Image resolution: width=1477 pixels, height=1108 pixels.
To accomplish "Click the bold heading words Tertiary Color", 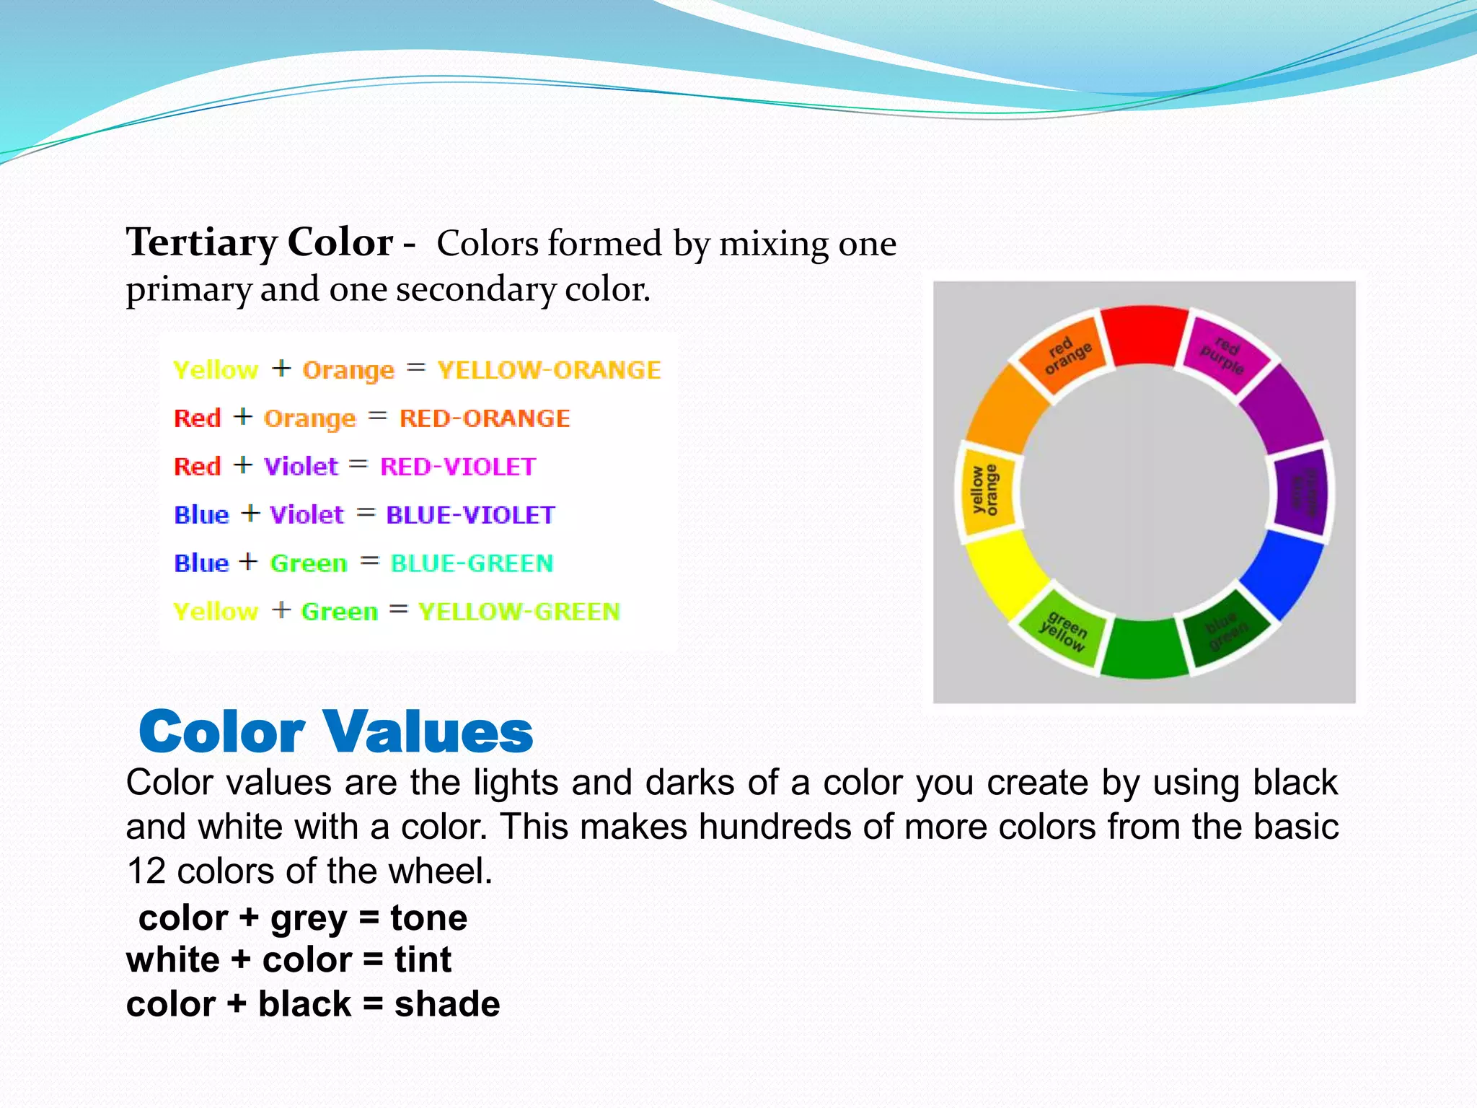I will pyautogui.click(x=260, y=242).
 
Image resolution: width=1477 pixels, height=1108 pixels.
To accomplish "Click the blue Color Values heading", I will pyautogui.click(x=336, y=731).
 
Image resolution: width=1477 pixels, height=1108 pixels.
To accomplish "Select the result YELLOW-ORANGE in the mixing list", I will pyautogui.click(x=549, y=370).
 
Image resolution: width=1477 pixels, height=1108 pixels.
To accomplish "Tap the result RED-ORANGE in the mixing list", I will pyautogui.click(x=485, y=418).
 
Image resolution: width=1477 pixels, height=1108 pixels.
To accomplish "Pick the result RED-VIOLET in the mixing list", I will pyautogui.click(x=458, y=467).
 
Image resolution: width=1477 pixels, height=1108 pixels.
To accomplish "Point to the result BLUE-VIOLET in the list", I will pyautogui.click(x=470, y=515).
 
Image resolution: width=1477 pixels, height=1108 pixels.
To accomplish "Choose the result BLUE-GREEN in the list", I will pyautogui.click(x=472, y=563).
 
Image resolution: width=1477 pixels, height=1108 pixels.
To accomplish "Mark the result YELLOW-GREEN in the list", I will pyautogui.click(x=519, y=612).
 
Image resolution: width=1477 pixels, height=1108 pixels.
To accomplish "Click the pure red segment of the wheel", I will pyautogui.click(x=1145, y=336).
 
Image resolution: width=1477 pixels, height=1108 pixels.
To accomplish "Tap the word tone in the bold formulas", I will pyautogui.click(x=428, y=918).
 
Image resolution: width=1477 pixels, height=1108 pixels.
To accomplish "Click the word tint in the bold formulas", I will pyautogui.click(x=423, y=960).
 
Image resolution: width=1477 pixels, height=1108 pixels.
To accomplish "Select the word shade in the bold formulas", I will pyautogui.click(x=447, y=1004).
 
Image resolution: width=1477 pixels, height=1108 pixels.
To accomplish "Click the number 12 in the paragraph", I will pyautogui.click(x=146, y=871).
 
